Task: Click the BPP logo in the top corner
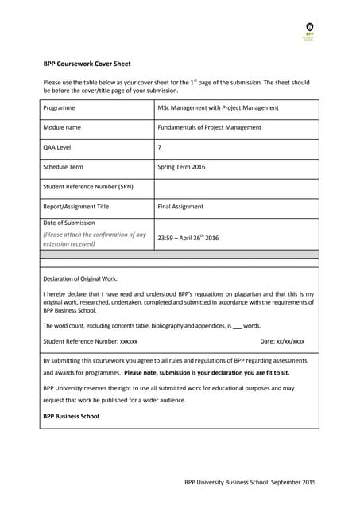click(x=309, y=31)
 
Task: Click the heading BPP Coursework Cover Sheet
click(x=87, y=64)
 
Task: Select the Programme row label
click(x=60, y=108)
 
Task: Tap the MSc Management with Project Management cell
click(x=218, y=108)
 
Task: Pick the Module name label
click(x=63, y=127)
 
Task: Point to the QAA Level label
click(x=58, y=147)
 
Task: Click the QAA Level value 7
click(x=160, y=147)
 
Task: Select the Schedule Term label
click(x=63, y=167)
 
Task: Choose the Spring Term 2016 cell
click(x=181, y=167)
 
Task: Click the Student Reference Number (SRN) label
click(x=87, y=187)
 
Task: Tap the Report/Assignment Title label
click(x=76, y=207)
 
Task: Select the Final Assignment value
click(x=180, y=207)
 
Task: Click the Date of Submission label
click(x=68, y=223)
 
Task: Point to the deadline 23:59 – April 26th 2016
click(x=188, y=238)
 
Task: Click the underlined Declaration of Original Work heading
click(x=80, y=278)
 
